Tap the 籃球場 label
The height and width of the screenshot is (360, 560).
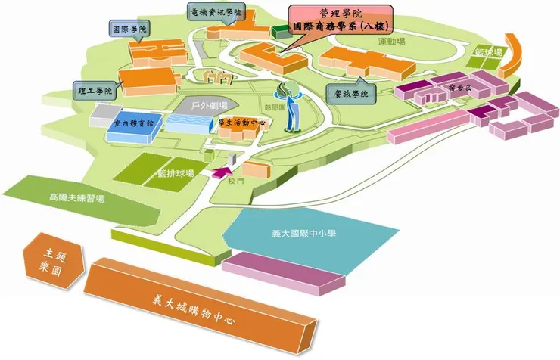[489, 52]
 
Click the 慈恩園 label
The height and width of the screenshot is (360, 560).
[275, 107]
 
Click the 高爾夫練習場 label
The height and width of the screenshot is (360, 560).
[77, 198]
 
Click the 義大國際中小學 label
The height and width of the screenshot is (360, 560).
[303, 234]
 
